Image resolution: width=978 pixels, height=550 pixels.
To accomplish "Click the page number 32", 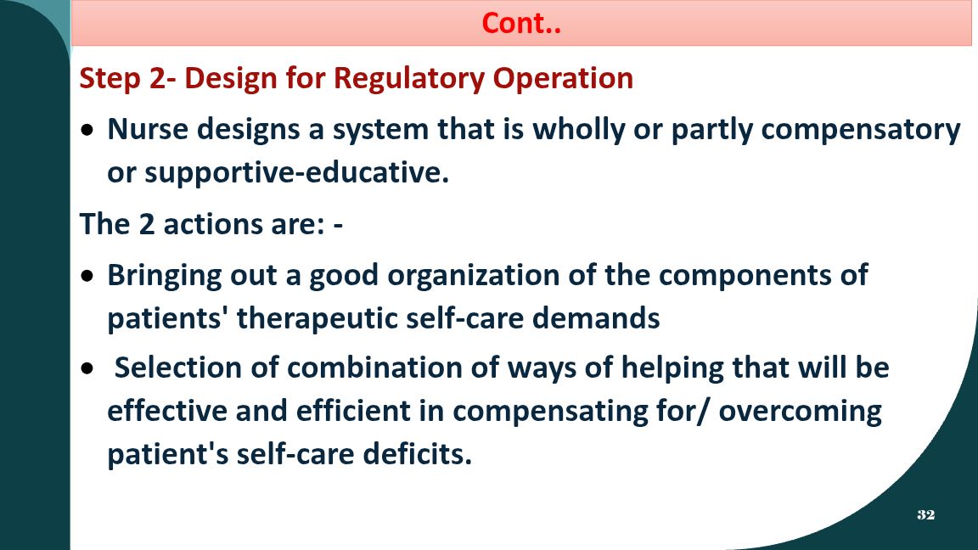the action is (925, 514).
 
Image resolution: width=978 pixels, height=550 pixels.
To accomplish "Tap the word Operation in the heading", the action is (563, 79).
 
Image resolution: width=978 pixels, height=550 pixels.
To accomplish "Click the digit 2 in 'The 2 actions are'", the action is (146, 224).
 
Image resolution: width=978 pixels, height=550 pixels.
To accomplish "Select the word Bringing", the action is (164, 276).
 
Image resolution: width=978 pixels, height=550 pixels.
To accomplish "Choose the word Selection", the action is (178, 368).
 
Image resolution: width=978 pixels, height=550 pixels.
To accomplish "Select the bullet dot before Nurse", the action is (88, 131).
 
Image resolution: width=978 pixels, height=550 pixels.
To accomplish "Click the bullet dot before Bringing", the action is (88, 276).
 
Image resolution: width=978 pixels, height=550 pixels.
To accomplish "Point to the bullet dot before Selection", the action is (88, 368).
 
